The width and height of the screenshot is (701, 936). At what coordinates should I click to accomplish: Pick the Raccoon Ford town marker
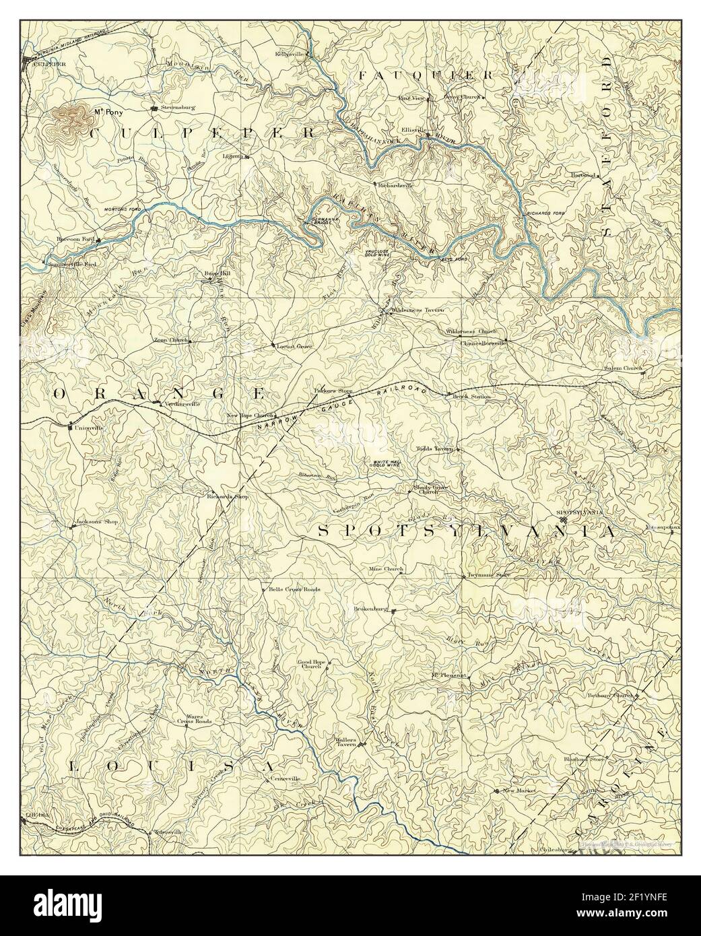click(x=98, y=240)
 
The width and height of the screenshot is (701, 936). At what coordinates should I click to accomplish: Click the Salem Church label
click(x=623, y=370)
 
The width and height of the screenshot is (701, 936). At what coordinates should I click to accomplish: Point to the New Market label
click(x=517, y=790)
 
